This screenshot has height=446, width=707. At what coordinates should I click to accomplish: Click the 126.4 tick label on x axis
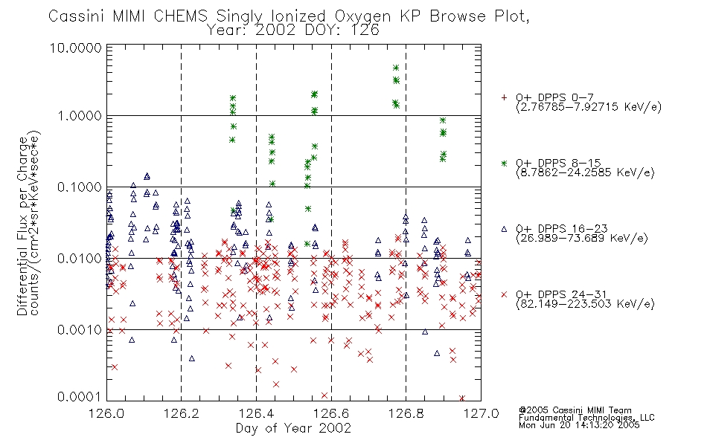point(256,413)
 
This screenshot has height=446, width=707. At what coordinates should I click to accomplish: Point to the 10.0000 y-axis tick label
point(75,48)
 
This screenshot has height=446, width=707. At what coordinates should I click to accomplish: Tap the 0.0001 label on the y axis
point(80,396)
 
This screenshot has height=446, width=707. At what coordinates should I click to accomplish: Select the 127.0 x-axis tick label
point(481,413)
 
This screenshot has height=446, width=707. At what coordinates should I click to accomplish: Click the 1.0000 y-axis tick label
point(80,116)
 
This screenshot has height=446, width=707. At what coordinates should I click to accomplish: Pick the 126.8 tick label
point(406,413)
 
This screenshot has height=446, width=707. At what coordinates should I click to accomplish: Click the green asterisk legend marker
point(504,163)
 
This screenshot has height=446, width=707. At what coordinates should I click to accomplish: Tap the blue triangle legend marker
point(504,229)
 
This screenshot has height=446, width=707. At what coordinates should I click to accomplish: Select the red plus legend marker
point(504,97)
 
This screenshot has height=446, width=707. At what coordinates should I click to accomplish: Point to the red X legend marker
point(504,294)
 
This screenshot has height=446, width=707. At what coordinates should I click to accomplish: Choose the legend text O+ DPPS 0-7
point(554,97)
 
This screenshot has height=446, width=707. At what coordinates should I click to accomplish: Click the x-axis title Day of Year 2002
point(293,428)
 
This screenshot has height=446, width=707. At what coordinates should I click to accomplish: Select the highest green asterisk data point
point(396,68)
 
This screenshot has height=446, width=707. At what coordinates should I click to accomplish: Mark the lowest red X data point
point(462,398)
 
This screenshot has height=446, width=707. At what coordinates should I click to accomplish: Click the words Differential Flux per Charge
point(22,226)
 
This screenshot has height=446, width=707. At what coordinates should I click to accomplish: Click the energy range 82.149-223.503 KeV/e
point(585,304)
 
